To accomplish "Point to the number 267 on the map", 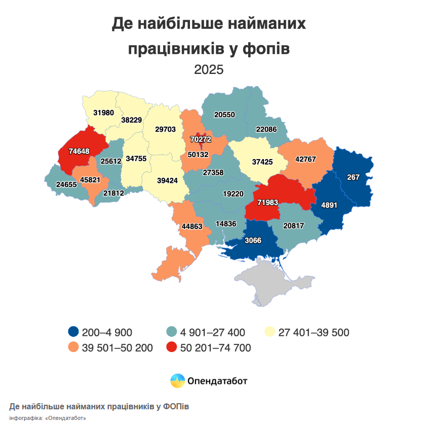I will click(x=353, y=177).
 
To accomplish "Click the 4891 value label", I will click(x=329, y=206).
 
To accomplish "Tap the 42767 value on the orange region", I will click(x=305, y=159).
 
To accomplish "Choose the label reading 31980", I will click(x=103, y=112).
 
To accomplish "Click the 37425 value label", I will click(x=262, y=162).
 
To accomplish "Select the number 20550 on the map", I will click(x=224, y=114).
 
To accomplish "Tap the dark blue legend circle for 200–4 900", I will click(x=73, y=332).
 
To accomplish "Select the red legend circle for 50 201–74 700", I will click(x=172, y=347).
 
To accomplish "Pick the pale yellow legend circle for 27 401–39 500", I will click(x=271, y=332).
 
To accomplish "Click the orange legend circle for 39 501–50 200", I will click(x=73, y=347).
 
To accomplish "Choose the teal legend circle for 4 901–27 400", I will click(x=172, y=332).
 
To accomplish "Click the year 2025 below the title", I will click(x=209, y=69).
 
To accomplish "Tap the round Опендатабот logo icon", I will click(x=178, y=380).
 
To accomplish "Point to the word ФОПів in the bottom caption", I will click(x=176, y=407).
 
